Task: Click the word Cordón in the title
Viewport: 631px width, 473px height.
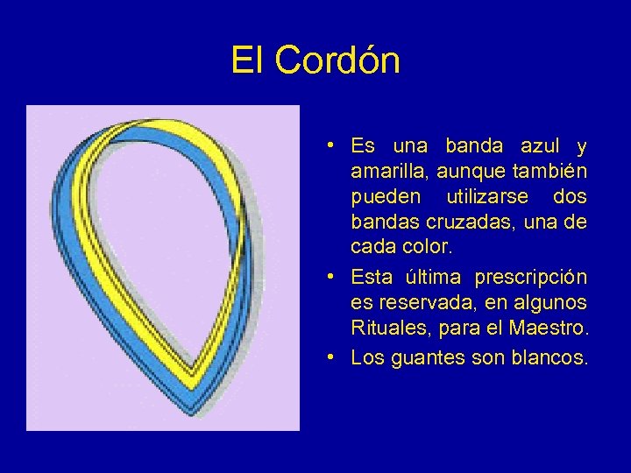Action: click(337, 61)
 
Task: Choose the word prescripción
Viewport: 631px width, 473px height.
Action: click(531, 278)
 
